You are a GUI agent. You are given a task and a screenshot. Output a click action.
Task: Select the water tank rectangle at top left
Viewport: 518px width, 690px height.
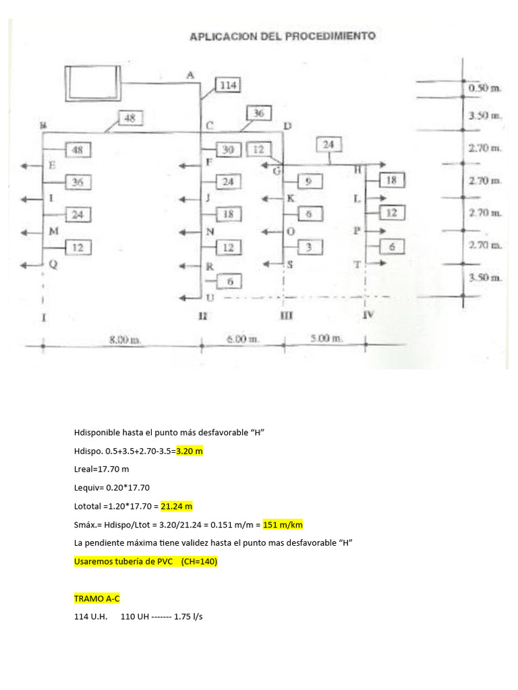92,80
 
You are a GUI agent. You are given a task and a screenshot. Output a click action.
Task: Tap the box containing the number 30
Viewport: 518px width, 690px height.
228,150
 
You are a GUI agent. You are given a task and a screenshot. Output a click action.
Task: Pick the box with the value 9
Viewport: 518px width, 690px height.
308,181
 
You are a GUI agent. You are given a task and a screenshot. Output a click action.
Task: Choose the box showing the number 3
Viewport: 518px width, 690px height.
308,247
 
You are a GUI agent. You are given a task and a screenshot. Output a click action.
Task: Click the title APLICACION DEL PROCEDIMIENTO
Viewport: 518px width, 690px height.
282,36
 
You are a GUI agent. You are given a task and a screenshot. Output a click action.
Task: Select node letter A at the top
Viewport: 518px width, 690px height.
190,75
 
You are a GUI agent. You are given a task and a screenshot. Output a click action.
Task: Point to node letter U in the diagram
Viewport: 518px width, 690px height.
210,298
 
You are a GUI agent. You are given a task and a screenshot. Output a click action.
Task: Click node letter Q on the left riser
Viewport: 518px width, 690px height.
54,265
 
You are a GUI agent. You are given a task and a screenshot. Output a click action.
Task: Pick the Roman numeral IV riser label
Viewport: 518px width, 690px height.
368,315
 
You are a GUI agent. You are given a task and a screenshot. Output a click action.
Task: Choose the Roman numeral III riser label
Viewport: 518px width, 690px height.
286,315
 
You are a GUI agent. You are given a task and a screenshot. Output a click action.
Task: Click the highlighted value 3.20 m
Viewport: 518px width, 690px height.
190,451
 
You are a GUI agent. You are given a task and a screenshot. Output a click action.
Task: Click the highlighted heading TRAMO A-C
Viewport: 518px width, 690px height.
97,598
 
